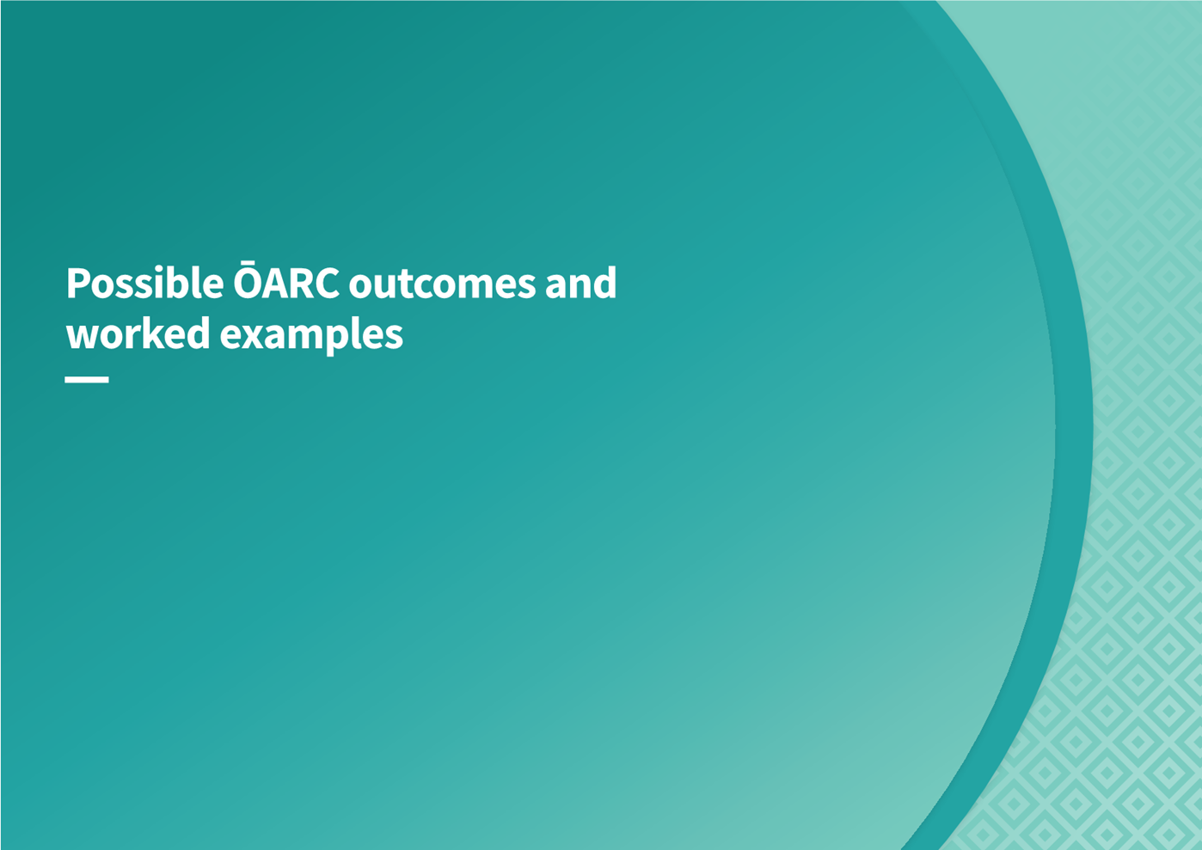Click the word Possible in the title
tap(145, 282)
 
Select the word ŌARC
tap(286, 280)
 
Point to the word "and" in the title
tap(581, 283)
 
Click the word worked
tap(138, 333)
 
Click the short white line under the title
tap(87, 379)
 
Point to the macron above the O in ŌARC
tap(248, 263)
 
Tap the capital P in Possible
tap(77, 283)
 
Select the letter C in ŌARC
tap(326, 283)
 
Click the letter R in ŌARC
tap(298, 283)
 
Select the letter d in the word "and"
tap(605, 283)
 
